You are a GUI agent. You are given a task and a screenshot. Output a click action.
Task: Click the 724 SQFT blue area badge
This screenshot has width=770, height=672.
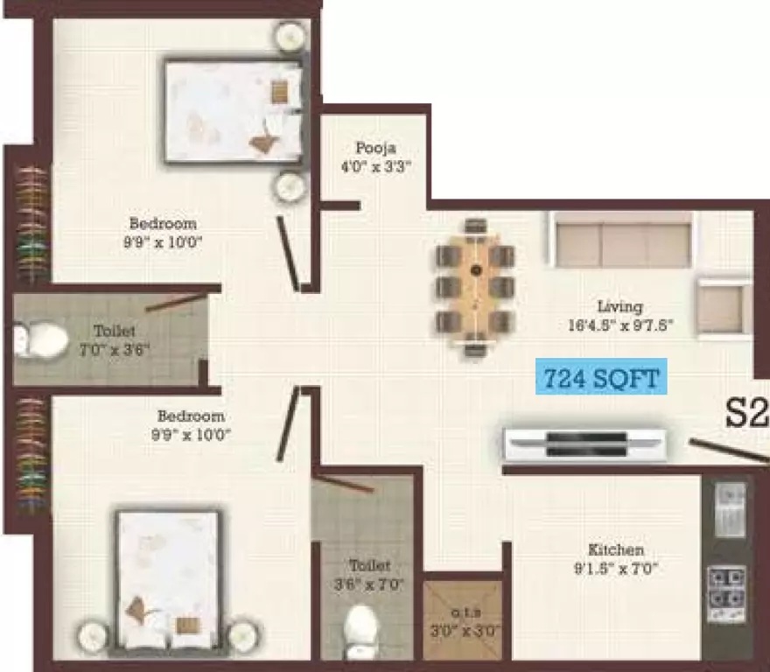(x=601, y=376)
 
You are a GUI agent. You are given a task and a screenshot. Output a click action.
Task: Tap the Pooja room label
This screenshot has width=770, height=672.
(x=375, y=147)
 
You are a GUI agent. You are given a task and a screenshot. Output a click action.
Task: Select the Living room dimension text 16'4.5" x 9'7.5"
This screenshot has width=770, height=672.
(x=620, y=325)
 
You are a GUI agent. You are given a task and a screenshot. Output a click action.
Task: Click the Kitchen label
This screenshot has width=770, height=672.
(x=616, y=549)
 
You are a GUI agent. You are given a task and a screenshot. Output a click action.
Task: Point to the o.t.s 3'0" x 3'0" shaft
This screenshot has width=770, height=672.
(x=463, y=620)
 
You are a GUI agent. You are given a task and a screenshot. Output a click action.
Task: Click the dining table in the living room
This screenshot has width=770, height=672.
(x=474, y=286)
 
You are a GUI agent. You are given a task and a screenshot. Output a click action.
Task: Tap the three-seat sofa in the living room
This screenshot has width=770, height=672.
(x=624, y=241)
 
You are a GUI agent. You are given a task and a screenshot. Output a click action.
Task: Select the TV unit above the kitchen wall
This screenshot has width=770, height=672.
(x=585, y=445)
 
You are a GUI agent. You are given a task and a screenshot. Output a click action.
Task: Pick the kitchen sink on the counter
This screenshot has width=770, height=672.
(x=731, y=509)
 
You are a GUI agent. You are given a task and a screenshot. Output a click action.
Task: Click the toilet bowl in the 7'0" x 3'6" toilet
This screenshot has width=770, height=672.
(x=41, y=339)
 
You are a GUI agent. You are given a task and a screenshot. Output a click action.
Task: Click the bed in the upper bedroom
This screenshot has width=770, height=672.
(x=234, y=110)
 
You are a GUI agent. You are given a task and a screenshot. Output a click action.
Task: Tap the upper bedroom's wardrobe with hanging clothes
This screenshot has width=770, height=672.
(x=33, y=224)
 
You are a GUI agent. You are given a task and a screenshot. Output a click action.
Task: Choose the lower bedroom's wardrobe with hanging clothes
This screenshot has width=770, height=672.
(x=33, y=455)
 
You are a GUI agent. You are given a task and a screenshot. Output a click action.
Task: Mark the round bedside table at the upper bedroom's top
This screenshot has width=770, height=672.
(x=291, y=35)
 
